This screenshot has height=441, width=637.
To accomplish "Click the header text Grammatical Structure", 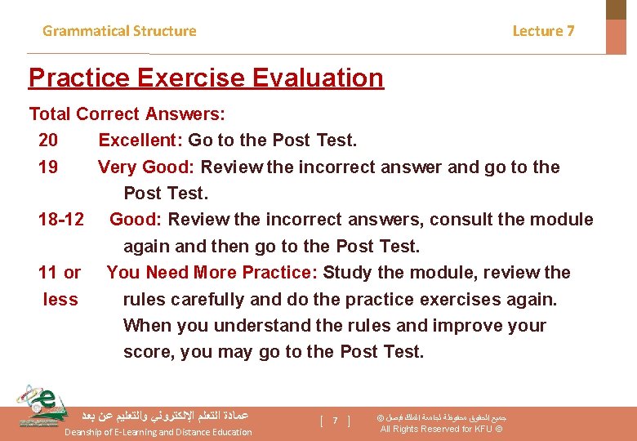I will tap(119, 31).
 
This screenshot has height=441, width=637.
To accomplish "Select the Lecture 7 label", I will tap(543, 31).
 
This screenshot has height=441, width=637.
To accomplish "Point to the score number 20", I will tap(48, 140).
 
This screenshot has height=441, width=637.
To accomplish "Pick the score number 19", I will tap(48, 167).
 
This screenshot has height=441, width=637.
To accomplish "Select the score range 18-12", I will tap(60, 220).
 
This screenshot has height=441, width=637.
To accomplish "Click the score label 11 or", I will tap(60, 273).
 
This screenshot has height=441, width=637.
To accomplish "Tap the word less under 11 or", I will tap(60, 300).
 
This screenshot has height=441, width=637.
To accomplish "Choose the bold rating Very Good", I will tap(145, 167).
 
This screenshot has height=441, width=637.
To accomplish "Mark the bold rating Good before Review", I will tap(136, 220).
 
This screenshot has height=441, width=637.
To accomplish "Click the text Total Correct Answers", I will tap(127, 114).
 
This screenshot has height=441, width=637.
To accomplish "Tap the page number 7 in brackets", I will tap(335, 421).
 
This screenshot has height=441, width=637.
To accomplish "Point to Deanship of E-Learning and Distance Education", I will tap(158, 432).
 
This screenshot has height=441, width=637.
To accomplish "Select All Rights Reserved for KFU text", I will tap(441, 430).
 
